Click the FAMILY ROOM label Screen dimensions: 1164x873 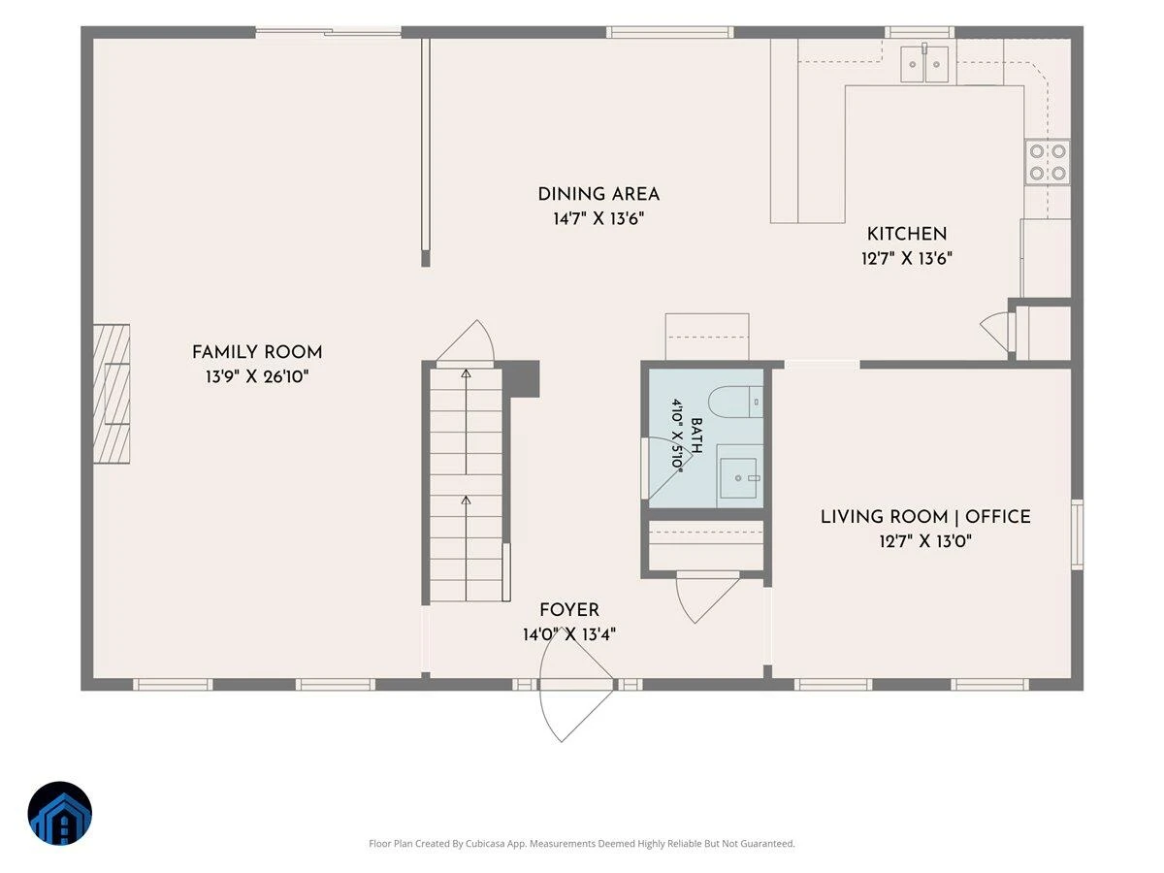click(257, 352)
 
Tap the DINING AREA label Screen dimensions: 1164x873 click(598, 194)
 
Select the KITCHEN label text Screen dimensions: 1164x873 click(906, 234)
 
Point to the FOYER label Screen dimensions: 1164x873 click(569, 609)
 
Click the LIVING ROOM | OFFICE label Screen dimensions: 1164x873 click(925, 516)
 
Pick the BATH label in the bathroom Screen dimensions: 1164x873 click(696, 436)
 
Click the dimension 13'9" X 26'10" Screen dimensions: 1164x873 click(257, 376)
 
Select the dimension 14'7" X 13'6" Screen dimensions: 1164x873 click(598, 218)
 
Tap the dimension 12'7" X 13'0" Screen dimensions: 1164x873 click(925, 541)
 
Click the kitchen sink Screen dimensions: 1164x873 click(924, 64)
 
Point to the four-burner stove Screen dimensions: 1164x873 click(1048, 162)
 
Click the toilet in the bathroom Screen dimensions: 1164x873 click(735, 402)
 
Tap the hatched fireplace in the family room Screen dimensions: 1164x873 click(112, 394)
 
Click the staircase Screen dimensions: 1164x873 click(466, 485)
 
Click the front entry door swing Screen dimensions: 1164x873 click(575, 684)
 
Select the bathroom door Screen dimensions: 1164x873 click(665, 469)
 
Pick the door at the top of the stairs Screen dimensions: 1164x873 click(465, 342)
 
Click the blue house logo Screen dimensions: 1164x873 click(60, 813)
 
